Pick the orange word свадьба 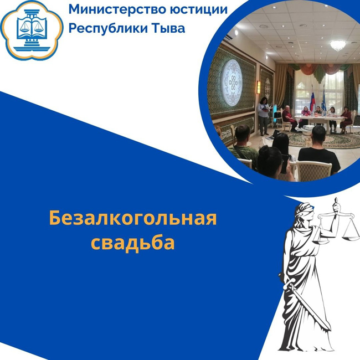(133, 243)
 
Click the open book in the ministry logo (32, 28)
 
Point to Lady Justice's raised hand (336, 205)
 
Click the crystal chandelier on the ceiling (338, 45)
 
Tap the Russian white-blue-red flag (312, 99)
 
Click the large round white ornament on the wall (232, 83)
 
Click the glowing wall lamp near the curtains (259, 88)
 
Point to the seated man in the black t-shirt (318, 152)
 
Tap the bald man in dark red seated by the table (289, 119)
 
